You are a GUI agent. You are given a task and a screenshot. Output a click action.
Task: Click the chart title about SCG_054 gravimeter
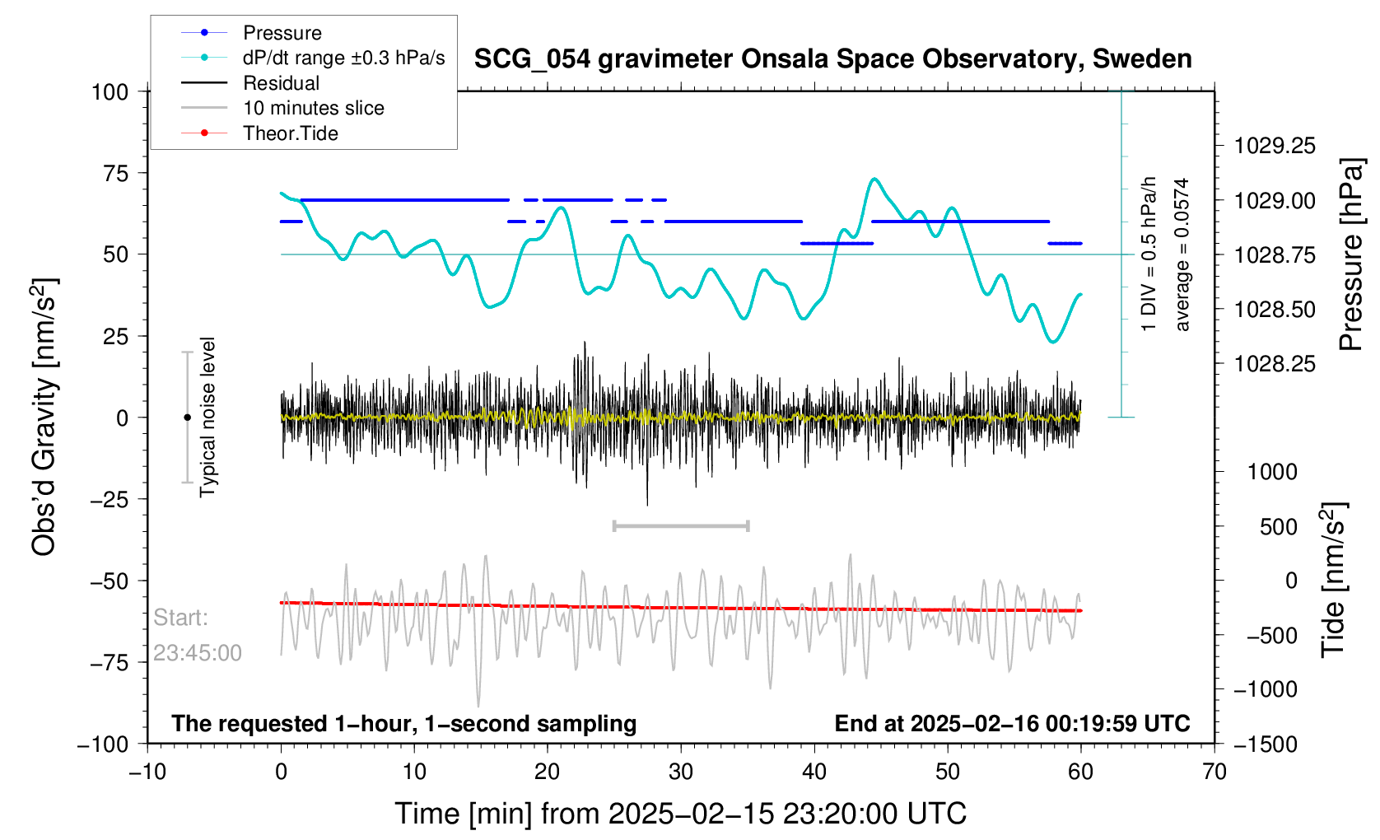point(832,59)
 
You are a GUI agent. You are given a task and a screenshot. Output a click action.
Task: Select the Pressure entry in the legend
point(282,33)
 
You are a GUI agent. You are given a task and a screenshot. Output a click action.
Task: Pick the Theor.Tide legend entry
point(290,133)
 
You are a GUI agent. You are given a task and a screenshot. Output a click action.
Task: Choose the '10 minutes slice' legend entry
point(313,108)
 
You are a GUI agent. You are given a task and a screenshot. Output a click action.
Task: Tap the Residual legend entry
point(281,83)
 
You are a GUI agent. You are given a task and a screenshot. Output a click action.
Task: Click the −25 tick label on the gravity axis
point(110,499)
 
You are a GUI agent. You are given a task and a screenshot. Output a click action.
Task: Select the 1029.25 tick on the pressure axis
point(1275,146)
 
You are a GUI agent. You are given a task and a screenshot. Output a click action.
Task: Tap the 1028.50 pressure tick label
point(1275,310)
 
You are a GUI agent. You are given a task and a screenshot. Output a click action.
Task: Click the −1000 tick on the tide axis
point(1266,689)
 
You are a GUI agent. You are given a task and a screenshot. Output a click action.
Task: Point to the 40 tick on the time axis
point(814,772)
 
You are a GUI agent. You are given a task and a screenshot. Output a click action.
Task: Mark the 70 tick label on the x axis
point(1214,772)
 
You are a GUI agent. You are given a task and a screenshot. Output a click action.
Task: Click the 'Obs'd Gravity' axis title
point(44,417)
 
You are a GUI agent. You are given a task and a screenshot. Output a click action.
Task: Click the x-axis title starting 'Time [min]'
point(680,814)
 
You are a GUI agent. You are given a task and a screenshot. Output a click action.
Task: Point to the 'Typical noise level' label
point(207,417)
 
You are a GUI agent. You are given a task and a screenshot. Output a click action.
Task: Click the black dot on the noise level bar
point(187,418)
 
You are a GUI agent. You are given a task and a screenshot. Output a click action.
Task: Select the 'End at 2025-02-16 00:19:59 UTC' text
point(1012,724)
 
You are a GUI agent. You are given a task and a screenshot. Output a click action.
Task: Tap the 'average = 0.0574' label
point(1182,254)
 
